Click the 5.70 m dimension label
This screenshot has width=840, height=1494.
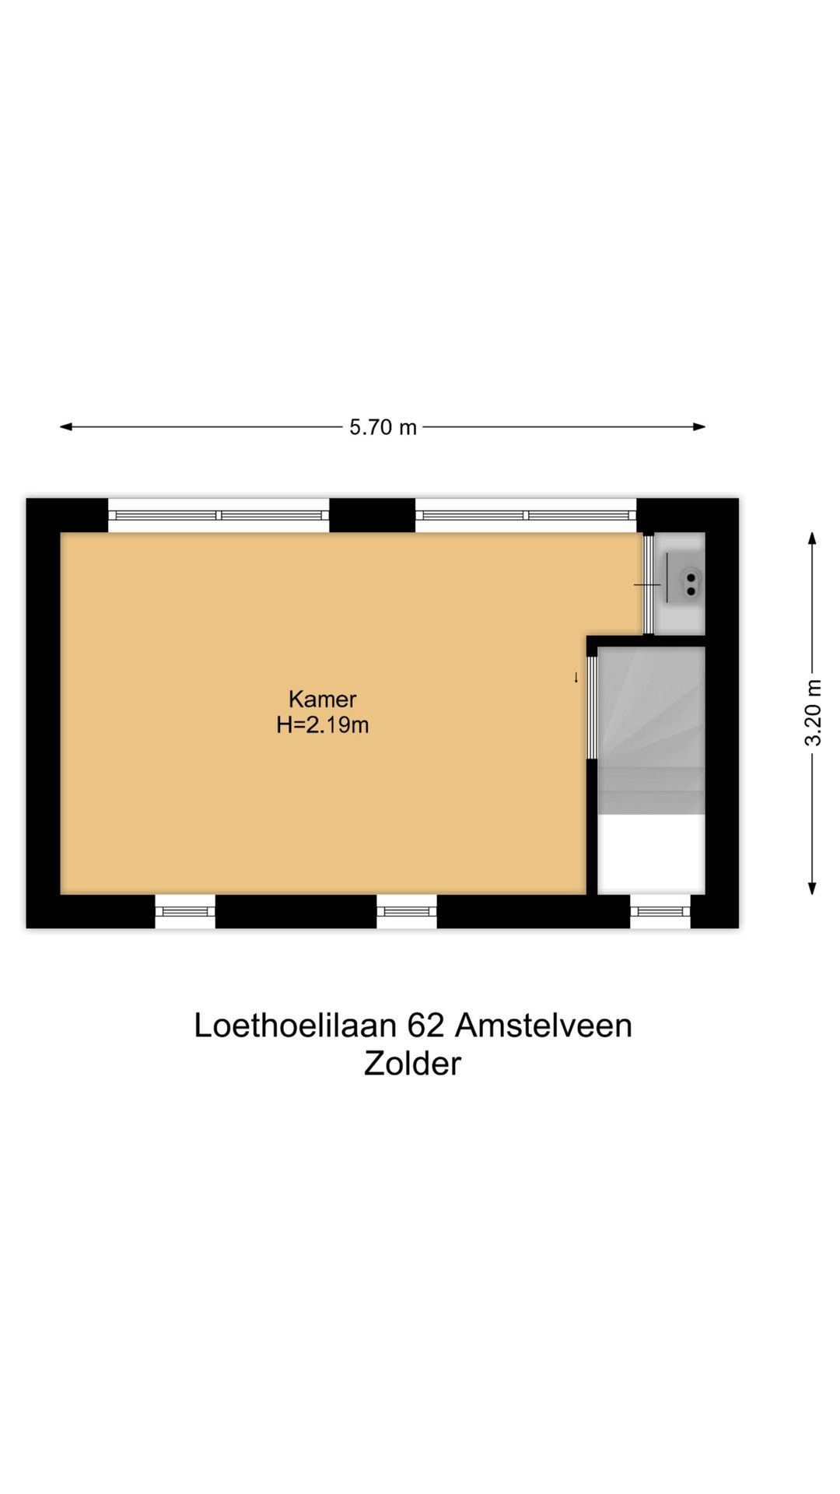click(x=383, y=427)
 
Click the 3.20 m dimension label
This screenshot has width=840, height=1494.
click(x=812, y=713)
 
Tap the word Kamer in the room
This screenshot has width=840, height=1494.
click(x=322, y=698)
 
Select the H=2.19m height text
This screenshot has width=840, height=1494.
click(x=322, y=725)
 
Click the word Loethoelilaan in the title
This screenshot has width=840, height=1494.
click(x=296, y=1026)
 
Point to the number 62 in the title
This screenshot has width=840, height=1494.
click(x=425, y=1026)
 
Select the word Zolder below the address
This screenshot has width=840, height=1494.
click(x=412, y=1064)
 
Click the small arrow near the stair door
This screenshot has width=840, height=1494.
click(x=576, y=678)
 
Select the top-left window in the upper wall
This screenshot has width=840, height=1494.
click(x=218, y=515)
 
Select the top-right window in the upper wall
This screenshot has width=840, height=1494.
click(x=526, y=515)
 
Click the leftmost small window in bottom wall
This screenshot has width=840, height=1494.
click(x=185, y=911)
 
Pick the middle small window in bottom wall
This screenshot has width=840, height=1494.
click(x=407, y=911)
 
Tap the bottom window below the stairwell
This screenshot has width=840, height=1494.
click(x=660, y=911)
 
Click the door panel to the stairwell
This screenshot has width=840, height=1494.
click(x=592, y=707)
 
